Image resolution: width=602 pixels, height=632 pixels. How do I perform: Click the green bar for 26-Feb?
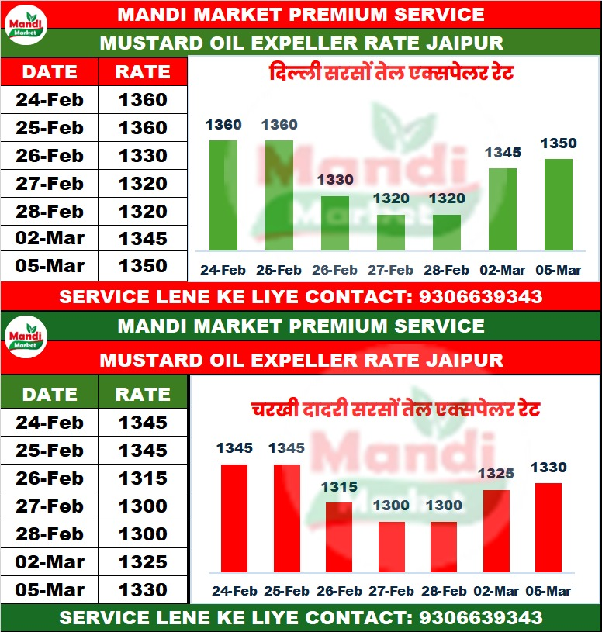[x=335, y=223]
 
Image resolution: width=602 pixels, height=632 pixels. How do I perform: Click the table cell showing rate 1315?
[x=143, y=478]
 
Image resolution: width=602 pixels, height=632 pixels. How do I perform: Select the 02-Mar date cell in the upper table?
[x=50, y=238]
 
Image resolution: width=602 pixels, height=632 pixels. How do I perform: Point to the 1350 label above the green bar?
[x=559, y=143]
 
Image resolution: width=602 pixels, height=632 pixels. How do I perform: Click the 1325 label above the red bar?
[x=496, y=473]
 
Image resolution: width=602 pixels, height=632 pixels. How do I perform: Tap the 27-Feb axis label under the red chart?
[x=391, y=591]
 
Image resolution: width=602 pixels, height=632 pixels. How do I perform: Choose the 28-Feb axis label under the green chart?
[x=446, y=271]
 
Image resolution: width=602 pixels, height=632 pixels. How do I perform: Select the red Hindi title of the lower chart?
[x=396, y=409]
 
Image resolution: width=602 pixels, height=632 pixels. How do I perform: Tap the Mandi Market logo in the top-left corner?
[x=26, y=26]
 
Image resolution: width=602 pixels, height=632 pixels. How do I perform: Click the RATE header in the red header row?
[x=143, y=72]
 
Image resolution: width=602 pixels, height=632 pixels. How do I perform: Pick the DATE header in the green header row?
[x=50, y=394]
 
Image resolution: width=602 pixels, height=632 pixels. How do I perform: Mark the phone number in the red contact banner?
[x=480, y=296]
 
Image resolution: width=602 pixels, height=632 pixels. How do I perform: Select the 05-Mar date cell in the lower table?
[x=50, y=590]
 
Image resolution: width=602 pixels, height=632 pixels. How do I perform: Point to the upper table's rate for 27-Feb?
[x=143, y=184]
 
